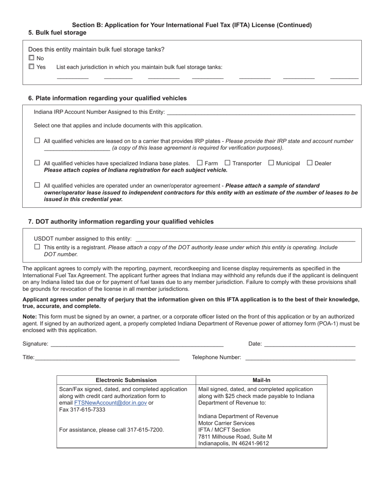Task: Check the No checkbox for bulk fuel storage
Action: pyautogui.click(x=32, y=58)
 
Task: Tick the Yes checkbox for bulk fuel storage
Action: pyautogui.click(x=32, y=67)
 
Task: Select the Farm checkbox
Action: pyautogui.click(x=200, y=163)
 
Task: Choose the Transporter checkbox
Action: pyautogui.click(x=228, y=163)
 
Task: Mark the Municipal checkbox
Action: pyautogui.click(x=271, y=163)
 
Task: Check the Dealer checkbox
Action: pyautogui.click(x=310, y=163)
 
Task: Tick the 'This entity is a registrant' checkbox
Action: pyautogui.click(x=37, y=247)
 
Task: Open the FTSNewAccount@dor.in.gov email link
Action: pyautogui.click(x=110, y=403)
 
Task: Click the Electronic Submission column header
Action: pyautogui.click(x=126, y=380)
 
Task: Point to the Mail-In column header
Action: pyautogui.click(x=262, y=380)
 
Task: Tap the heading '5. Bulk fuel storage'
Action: pyautogui.click(x=57, y=33)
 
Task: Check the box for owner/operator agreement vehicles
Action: pyautogui.click(x=37, y=185)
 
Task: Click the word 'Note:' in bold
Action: pyautogui.click(x=30, y=316)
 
